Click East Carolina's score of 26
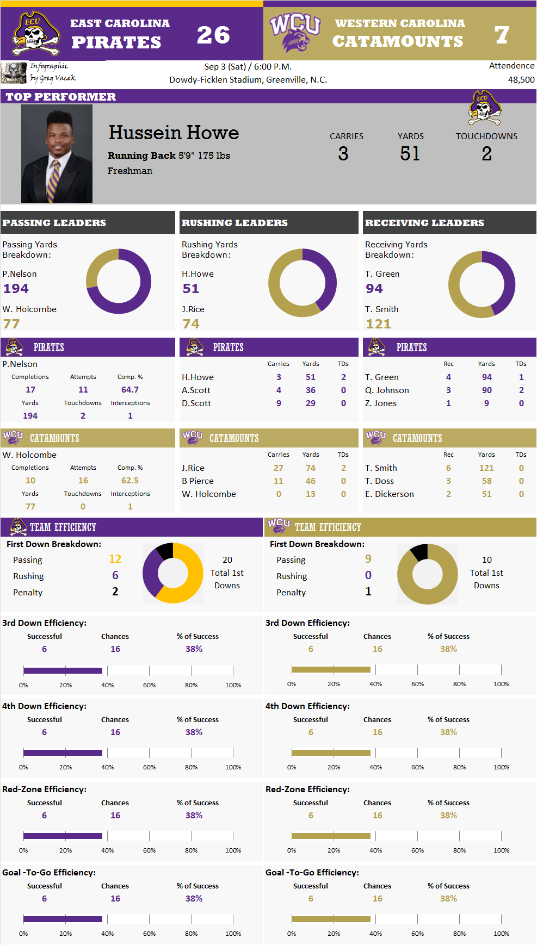coord(213,35)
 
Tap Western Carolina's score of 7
coord(502,35)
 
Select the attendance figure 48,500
coord(521,79)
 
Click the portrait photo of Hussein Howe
coord(57,153)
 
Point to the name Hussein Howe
coord(174,133)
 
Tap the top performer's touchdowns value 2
coord(486,154)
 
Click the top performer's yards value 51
coord(410,154)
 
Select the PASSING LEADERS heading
coord(54,223)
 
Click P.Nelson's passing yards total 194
coord(16,289)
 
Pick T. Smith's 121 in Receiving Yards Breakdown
coord(378,324)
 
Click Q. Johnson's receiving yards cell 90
coord(486,390)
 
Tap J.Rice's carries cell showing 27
coord(278,468)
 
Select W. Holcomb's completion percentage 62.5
coord(129,481)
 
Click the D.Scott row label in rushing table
coord(196,403)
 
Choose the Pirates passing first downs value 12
coord(115,559)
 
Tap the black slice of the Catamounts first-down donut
coord(420,552)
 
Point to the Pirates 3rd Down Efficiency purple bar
coord(63,670)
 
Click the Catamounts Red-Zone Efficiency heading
coord(307,789)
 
